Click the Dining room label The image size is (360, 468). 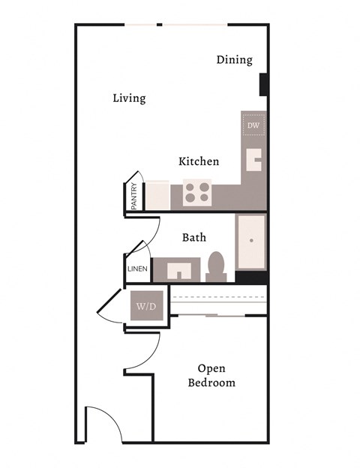[x=234, y=60]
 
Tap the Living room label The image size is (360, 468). [x=129, y=98]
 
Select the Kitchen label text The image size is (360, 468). [x=199, y=161]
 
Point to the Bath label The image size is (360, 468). [x=194, y=237]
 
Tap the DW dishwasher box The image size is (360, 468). [x=253, y=124]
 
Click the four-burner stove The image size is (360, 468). [x=197, y=193]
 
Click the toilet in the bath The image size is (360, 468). [x=216, y=266]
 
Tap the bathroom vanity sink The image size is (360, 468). [x=178, y=269]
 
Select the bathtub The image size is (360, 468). [x=251, y=241]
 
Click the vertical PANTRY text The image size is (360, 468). [x=133, y=196]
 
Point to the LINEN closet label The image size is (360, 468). [x=137, y=269]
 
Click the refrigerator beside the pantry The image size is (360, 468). [x=157, y=195]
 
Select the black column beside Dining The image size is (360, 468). [x=264, y=84]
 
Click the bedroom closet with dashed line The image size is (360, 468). [x=219, y=299]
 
